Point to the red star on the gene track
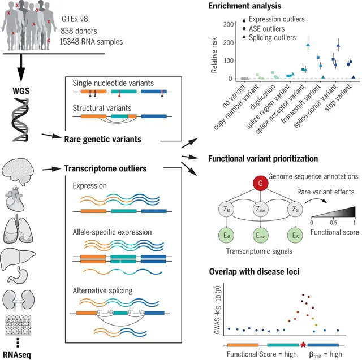tap(303, 344)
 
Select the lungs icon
tap(21, 229)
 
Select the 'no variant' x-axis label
tap(232, 94)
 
